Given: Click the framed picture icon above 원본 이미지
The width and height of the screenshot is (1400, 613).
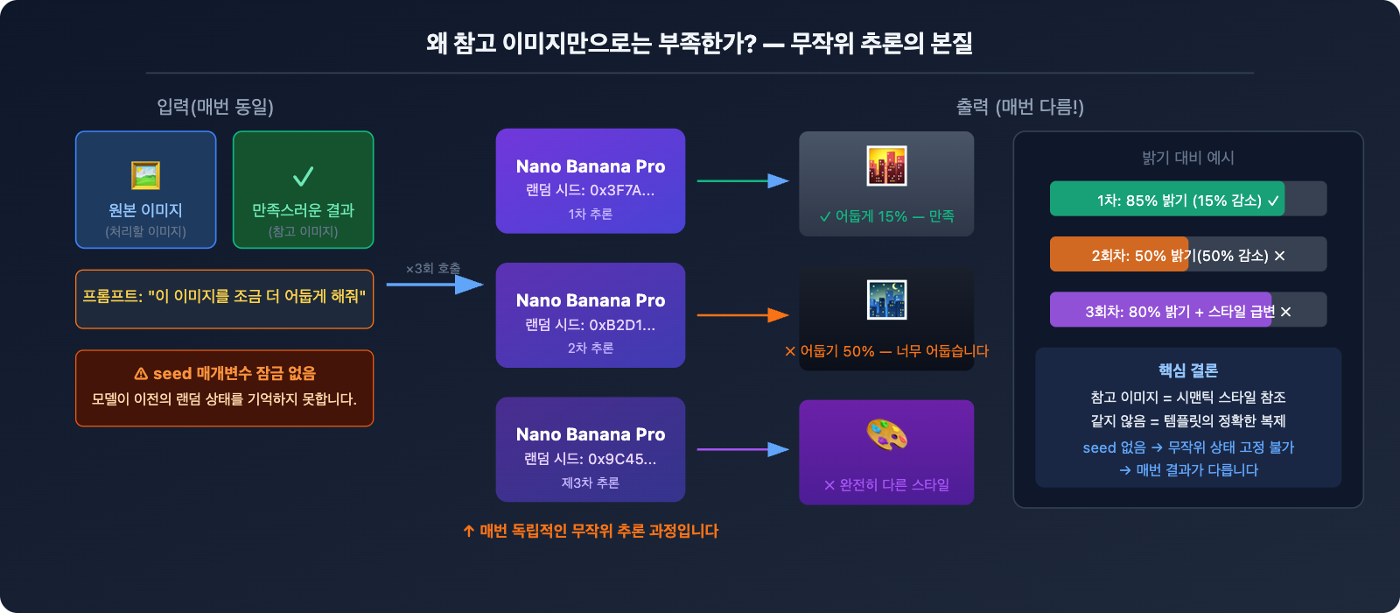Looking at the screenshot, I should click(145, 175).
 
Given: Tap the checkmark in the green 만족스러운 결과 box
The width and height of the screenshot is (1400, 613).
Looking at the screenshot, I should click(303, 177).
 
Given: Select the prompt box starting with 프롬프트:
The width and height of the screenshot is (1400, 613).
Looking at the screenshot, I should click(224, 298).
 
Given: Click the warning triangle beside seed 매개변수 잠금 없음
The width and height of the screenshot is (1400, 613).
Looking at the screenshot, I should click(141, 374).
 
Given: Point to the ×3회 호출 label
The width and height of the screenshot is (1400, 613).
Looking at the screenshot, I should click(432, 268).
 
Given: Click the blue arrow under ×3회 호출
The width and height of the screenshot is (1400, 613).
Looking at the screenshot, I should click(434, 285).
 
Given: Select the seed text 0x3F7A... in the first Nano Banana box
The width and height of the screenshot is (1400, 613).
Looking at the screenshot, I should click(621, 190).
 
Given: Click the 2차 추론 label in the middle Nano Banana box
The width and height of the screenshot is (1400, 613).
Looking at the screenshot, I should click(590, 348).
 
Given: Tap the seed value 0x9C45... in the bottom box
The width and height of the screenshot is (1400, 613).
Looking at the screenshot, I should click(621, 459).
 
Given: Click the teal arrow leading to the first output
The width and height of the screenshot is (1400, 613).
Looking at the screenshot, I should click(742, 181).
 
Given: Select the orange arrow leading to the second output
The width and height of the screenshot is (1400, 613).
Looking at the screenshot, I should click(742, 315).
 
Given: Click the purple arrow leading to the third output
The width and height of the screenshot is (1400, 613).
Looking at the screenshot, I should click(742, 449).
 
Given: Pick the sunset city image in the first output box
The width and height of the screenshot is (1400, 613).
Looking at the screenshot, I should click(886, 166).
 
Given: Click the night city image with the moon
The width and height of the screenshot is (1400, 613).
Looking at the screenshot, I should click(886, 300).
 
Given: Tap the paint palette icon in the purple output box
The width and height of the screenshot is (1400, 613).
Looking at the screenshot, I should click(886, 434).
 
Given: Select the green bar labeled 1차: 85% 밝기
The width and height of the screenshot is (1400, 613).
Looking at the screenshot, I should click(1166, 199).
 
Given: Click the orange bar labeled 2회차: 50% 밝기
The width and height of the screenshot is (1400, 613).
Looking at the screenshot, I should click(1119, 255).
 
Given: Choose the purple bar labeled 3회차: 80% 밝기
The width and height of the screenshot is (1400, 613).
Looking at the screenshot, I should click(1160, 310).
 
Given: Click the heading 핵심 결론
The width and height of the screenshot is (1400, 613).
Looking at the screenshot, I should click(1187, 370).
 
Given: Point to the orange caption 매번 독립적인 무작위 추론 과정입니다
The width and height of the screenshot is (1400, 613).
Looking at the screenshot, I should click(591, 531).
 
